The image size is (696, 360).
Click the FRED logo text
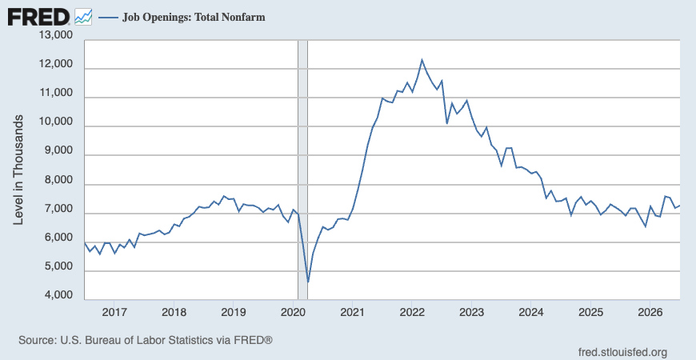pyautogui.click(x=38, y=18)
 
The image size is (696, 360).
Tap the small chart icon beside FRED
pyautogui.click(x=83, y=17)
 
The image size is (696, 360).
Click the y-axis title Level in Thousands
pyautogui.click(x=18, y=170)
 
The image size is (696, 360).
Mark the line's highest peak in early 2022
pyautogui.click(x=422, y=59)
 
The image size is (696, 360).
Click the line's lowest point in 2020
pyautogui.click(x=308, y=282)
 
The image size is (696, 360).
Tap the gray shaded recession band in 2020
pyautogui.click(x=302, y=170)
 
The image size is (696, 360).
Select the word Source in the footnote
pyautogui.click(x=35, y=341)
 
